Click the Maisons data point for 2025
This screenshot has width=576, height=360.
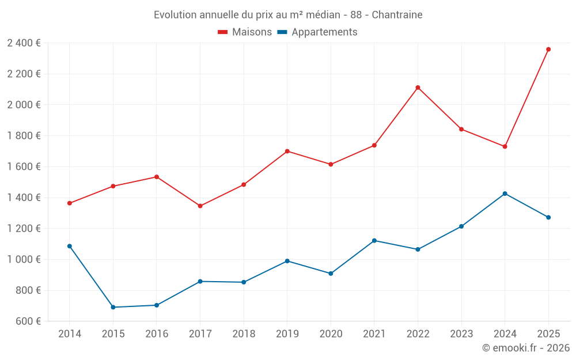(x=548, y=50)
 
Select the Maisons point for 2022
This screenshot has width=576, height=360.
(x=418, y=88)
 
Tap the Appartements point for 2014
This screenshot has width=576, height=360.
(x=70, y=246)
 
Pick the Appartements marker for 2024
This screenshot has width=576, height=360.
(x=505, y=194)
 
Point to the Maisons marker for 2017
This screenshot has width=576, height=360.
(x=200, y=206)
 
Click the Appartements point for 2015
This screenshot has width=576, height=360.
(x=113, y=307)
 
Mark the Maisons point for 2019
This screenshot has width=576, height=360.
(x=287, y=151)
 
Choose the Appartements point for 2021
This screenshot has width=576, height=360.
(x=374, y=240)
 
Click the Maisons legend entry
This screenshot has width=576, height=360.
(x=245, y=32)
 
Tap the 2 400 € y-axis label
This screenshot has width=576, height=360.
(x=24, y=43)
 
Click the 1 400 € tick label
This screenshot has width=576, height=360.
(x=24, y=198)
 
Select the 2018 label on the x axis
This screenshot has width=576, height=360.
(x=244, y=334)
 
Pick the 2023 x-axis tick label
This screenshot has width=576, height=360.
(x=461, y=334)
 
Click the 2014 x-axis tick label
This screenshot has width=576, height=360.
(x=70, y=334)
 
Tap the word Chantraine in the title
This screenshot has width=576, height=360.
(x=397, y=14)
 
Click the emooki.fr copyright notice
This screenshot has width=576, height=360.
(x=525, y=348)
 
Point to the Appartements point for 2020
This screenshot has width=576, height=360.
(x=331, y=274)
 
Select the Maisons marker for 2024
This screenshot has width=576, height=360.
(x=505, y=146)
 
